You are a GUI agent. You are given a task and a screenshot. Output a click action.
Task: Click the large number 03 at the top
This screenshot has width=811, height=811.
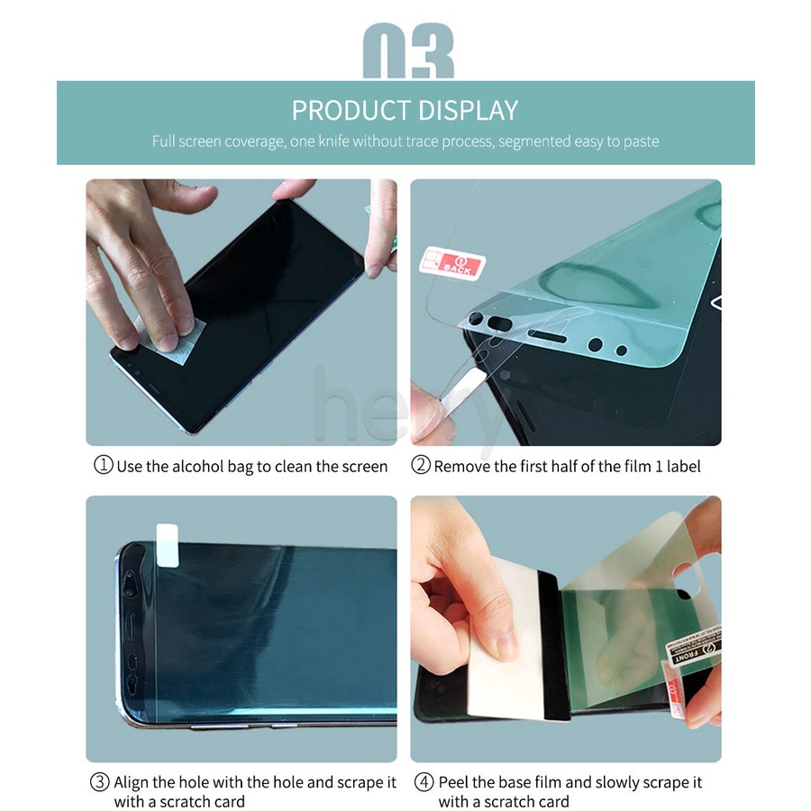point(407,54)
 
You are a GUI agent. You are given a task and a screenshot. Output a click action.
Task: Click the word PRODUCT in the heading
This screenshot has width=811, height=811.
point(348,110)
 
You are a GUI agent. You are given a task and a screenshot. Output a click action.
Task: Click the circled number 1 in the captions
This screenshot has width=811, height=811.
point(104,466)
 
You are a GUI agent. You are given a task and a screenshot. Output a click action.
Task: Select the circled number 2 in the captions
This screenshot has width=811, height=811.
point(421,466)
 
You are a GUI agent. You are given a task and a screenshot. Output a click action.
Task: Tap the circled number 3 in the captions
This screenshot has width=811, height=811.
point(99,782)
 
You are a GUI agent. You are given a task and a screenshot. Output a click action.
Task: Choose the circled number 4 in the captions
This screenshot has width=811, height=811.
point(424,782)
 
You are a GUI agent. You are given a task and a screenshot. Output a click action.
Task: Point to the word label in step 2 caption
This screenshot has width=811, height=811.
point(683,466)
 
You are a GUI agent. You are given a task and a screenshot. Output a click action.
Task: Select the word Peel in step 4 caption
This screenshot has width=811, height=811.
point(454,782)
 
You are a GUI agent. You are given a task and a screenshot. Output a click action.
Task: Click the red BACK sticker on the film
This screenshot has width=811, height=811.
point(453,263)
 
